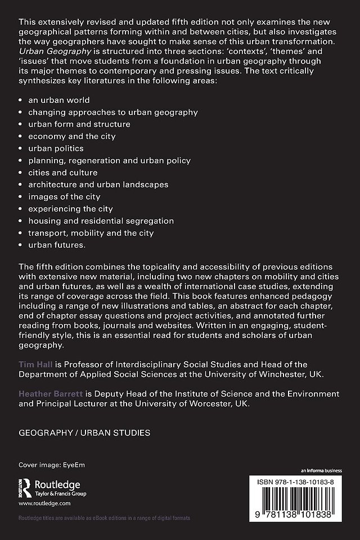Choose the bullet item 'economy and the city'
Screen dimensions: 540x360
64,136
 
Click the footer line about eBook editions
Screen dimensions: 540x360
104,517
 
